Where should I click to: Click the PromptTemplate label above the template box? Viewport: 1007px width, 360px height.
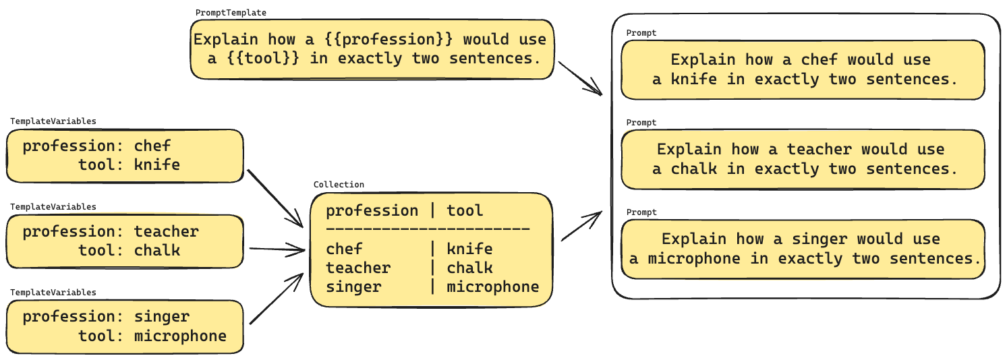click(x=231, y=13)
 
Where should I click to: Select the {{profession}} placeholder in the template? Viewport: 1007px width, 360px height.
click(x=389, y=40)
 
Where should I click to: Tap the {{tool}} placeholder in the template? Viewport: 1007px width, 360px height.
click(x=263, y=59)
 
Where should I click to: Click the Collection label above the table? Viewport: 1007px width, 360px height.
click(x=339, y=184)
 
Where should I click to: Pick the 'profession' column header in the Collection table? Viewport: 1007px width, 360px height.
click(x=372, y=211)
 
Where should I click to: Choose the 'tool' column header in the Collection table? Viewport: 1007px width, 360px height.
click(x=465, y=210)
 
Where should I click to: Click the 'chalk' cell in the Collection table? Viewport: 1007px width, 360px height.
click(x=469, y=268)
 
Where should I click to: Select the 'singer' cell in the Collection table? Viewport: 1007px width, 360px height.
click(x=353, y=287)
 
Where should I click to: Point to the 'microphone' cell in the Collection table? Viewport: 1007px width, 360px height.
click(x=493, y=287)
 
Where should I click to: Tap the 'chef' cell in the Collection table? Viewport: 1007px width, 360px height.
click(x=344, y=249)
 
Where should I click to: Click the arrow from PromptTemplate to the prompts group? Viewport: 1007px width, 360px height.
click(x=580, y=79)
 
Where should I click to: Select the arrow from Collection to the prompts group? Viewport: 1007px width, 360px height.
click(x=581, y=226)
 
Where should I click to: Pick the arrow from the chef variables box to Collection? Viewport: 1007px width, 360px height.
click(x=276, y=199)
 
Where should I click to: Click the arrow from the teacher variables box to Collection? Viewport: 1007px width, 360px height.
click(x=277, y=249)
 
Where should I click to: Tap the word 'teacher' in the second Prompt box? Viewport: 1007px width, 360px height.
click(x=819, y=149)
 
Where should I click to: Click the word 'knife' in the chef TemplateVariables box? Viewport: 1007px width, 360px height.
click(x=157, y=165)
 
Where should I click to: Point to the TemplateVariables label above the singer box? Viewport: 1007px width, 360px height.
click(x=53, y=292)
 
